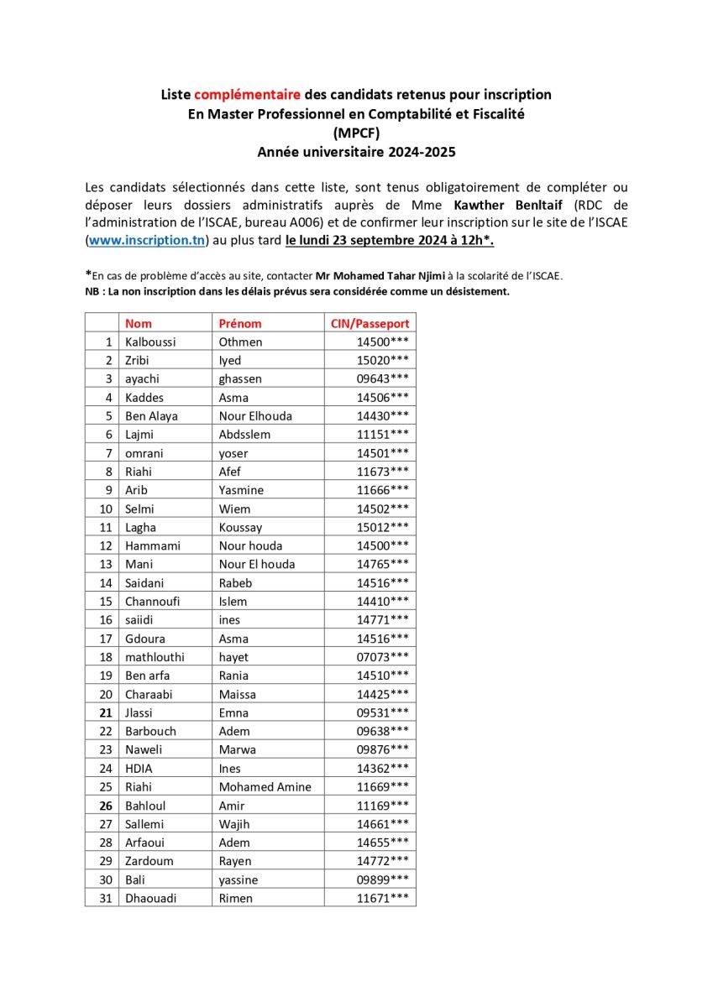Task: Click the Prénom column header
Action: [240, 323]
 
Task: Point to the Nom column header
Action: [139, 323]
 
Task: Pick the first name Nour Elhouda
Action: [257, 415]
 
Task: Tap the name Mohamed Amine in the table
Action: [265, 786]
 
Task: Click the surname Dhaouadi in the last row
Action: [152, 898]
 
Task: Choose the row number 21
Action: [105, 712]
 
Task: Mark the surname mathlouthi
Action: [155, 657]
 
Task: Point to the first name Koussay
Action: [240, 527]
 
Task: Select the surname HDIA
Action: [139, 768]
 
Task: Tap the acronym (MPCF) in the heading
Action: [356, 133]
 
